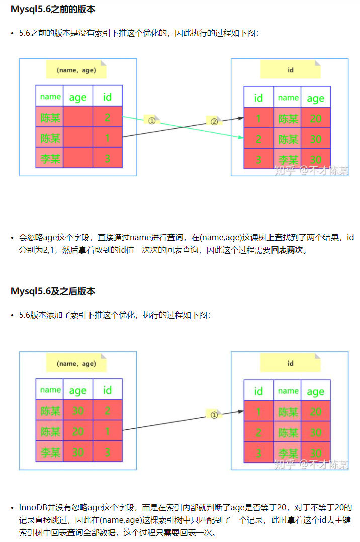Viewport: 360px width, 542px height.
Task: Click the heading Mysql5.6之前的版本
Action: tap(52, 9)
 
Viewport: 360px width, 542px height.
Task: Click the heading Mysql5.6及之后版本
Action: tap(52, 291)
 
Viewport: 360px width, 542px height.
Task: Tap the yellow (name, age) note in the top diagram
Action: tap(76, 70)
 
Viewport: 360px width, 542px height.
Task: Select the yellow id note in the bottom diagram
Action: tap(290, 363)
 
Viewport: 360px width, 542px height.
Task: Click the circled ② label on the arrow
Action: tap(214, 121)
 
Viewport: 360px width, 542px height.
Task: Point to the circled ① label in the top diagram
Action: tap(151, 120)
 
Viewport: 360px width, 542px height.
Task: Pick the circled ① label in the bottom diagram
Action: tap(214, 415)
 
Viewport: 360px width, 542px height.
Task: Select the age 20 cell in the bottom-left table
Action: tap(78, 431)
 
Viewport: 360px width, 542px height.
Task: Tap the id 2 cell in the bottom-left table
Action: tap(107, 410)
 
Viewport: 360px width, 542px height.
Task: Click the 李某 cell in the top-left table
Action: tap(50, 159)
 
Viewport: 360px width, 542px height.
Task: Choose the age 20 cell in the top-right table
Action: tap(316, 118)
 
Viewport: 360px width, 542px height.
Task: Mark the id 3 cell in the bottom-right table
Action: tap(258, 453)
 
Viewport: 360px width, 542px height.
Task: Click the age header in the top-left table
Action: tap(78, 97)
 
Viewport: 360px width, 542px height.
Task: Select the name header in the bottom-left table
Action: tap(50, 390)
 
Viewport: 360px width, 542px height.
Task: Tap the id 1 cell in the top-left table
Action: tap(107, 138)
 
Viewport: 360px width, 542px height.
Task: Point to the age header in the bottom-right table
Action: tap(316, 391)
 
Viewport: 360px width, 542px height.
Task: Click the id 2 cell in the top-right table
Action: tap(258, 139)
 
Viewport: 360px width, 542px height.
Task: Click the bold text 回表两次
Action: tap(288, 250)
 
